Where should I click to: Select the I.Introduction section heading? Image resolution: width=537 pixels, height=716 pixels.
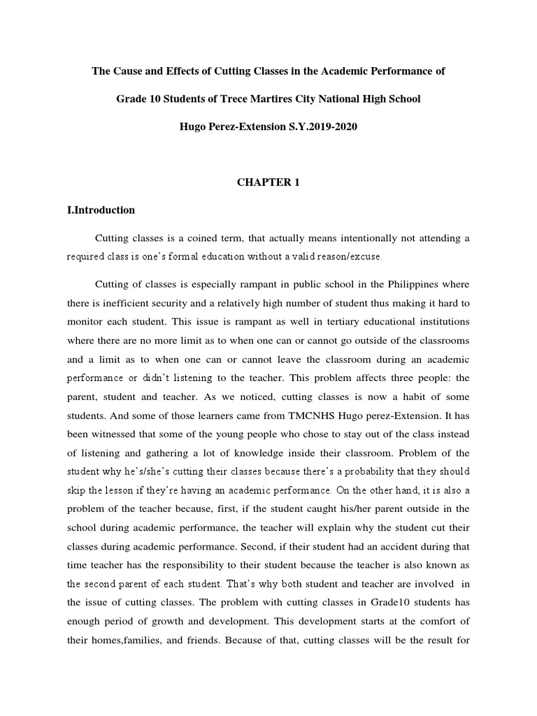tap(101, 210)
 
